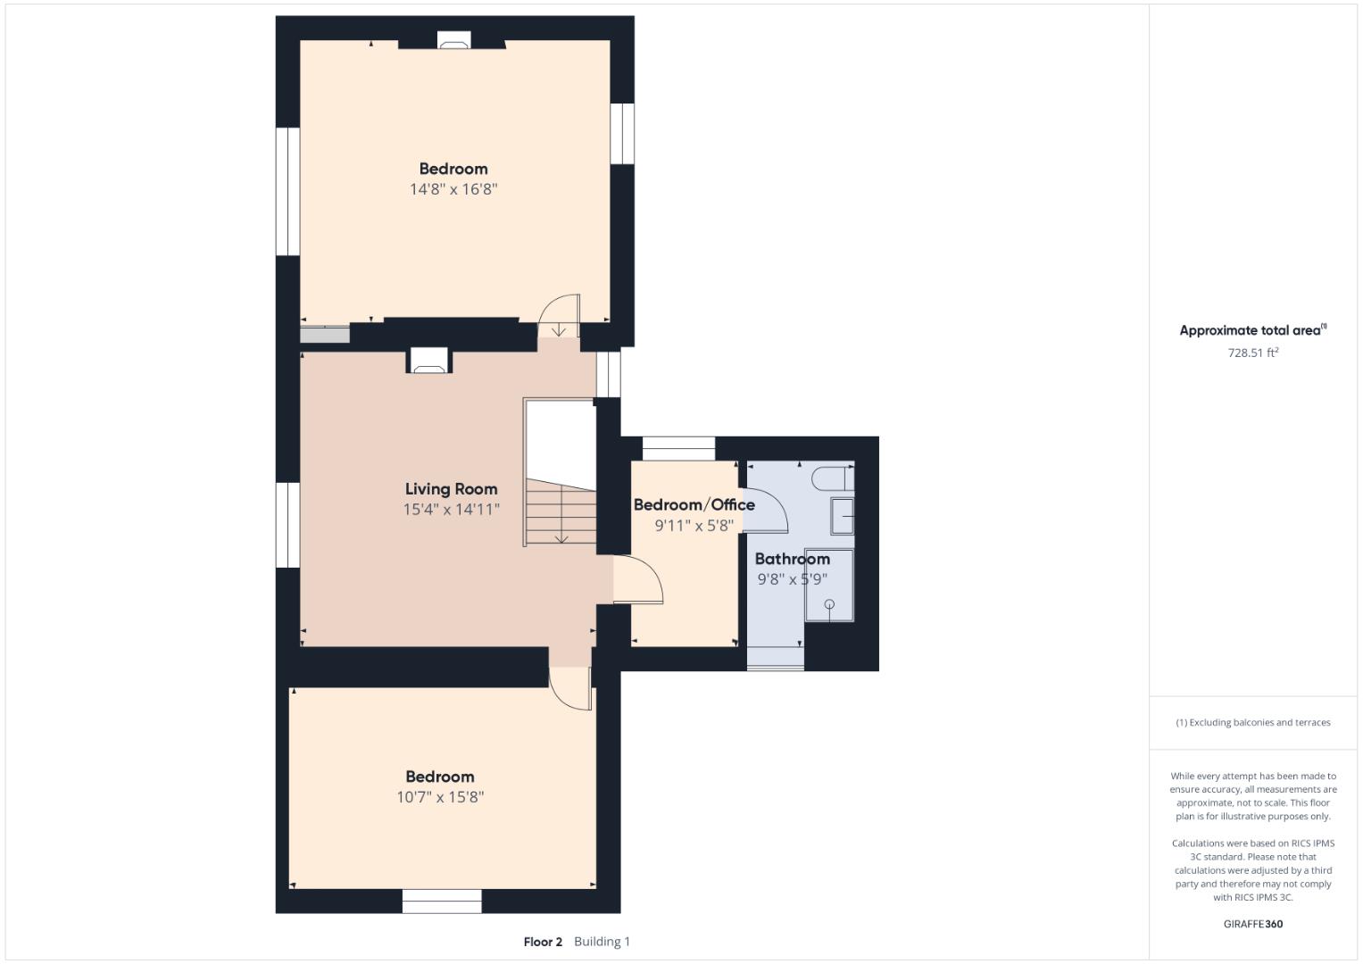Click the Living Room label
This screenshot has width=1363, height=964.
451,489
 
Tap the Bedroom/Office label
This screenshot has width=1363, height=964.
694,504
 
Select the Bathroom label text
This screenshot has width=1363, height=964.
793,559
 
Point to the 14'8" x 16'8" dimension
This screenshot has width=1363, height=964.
453,189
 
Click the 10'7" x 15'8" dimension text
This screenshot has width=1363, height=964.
440,797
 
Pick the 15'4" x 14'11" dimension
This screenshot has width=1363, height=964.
451,510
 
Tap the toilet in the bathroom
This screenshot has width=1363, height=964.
834,478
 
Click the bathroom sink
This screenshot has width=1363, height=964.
843,516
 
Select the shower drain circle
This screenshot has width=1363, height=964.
829,604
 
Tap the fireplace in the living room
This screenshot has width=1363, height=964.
429,361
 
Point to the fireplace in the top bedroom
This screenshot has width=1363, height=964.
454,39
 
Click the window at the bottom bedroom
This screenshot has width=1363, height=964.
442,902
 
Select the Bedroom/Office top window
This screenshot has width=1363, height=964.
678,448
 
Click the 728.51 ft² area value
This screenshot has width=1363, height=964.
1253,353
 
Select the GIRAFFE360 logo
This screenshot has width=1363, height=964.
1253,924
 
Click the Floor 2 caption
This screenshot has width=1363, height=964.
543,942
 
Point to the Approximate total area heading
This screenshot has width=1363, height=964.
1253,330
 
